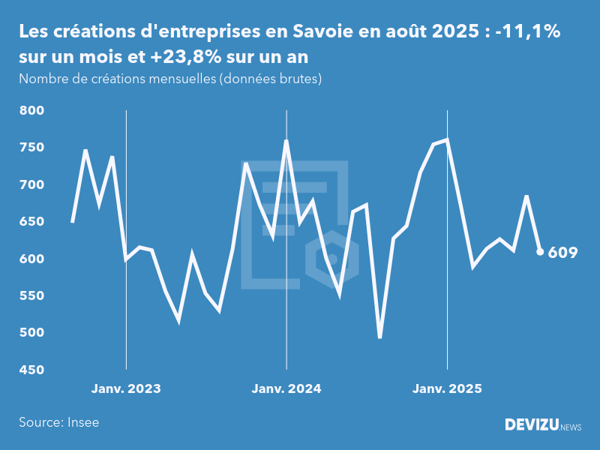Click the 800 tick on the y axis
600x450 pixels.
pos(32,111)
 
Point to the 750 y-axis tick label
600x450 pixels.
pos(32,148)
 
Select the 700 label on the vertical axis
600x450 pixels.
pos(32,184)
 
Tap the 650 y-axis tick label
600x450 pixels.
pos(32,222)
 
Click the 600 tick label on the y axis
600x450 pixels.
pos(32,259)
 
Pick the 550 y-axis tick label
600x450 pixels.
pos(32,296)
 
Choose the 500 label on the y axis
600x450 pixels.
pos(32,333)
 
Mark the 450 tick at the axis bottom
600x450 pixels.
pos(32,370)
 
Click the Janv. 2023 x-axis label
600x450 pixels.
pos(126,389)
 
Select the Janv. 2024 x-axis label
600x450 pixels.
pos(286,389)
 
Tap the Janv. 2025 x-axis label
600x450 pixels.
pos(447,389)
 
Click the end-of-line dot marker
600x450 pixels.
pos(540,252)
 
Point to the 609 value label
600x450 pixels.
pos(562,253)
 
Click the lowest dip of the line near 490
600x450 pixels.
pos(380,337)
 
